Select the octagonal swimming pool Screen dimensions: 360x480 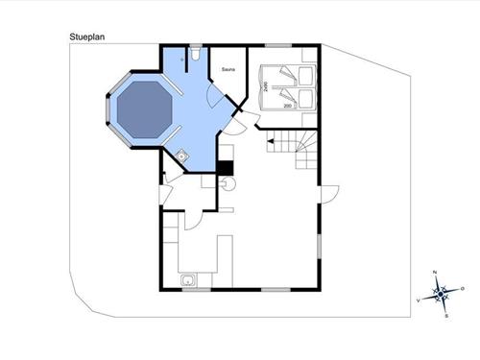click(x=142, y=108)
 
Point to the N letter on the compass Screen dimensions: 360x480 click(x=436, y=274)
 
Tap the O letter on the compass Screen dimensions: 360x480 click(x=463, y=288)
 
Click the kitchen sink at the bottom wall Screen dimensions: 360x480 click(x=189, y=280)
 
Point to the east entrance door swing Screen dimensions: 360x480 click(x=329, y=197)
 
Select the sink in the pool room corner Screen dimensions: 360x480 click(x=181, y=154)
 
